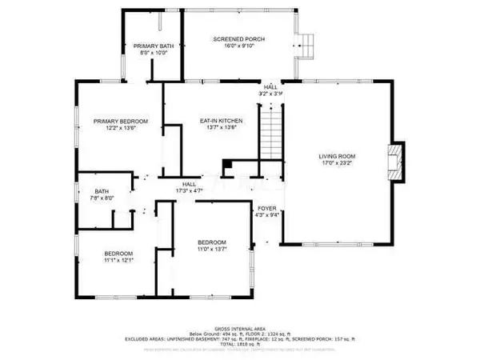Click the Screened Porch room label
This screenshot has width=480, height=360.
(x=238, y=39)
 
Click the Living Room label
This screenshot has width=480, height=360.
(x=337, y=156)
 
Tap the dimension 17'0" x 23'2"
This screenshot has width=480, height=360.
(x=337, y=163)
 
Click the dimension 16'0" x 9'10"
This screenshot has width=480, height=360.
(x=238, y=46)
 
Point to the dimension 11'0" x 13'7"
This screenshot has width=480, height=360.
(x=213, y=250)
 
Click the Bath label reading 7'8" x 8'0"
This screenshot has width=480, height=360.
(x=102, y=198)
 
